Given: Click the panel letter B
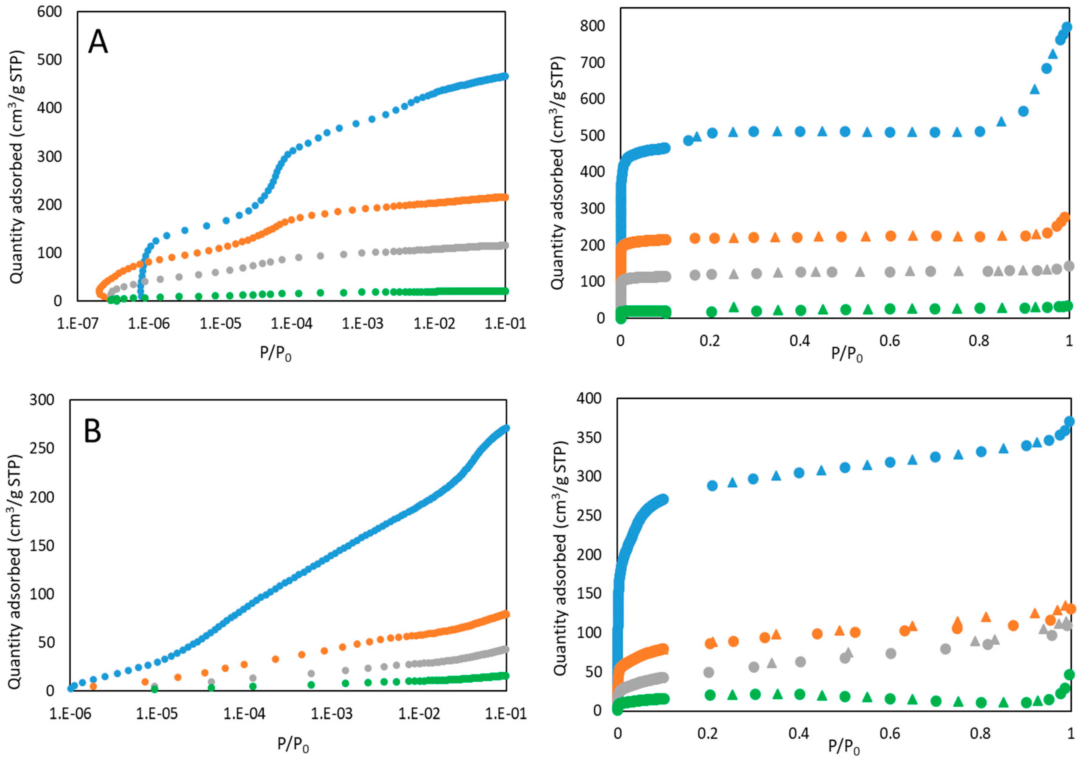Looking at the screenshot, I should point(93,431).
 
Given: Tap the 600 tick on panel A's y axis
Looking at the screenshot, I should point(50,12).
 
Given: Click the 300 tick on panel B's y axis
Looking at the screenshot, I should point(42,400).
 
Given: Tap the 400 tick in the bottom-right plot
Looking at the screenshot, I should point(589,398).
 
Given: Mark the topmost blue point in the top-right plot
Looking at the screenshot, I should point(1066,27).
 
